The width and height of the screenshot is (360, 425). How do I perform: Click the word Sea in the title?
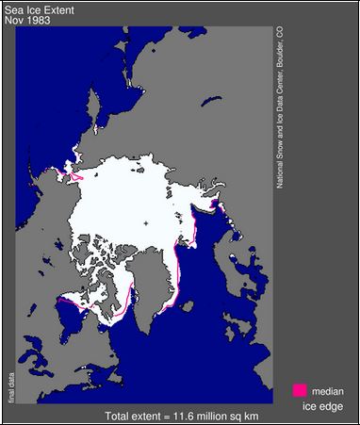pyautogui.click(x=13, y=8)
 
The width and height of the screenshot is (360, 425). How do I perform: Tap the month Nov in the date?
pyautogui.click(x=13, y=20)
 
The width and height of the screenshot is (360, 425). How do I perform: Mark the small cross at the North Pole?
pyautogui.click(x=146, y=222)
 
